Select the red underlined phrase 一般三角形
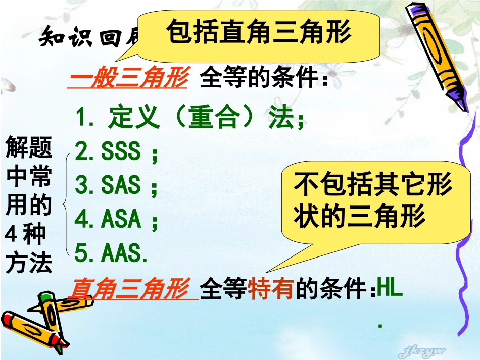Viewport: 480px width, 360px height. coord(128,80)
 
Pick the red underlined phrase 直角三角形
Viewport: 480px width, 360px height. coord(132,290)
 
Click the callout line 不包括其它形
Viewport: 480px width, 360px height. coord(373,185)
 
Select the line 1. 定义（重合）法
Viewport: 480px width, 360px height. coord(190,118)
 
